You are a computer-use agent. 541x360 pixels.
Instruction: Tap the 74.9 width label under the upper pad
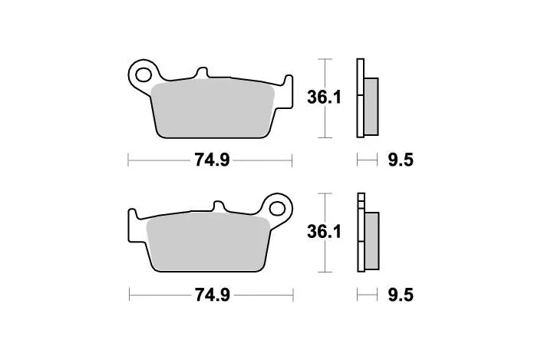[x=212, y=160]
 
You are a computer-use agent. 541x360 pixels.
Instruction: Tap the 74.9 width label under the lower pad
[x=213, y=293]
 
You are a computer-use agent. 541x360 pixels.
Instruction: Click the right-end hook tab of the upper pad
[x=289, y=81]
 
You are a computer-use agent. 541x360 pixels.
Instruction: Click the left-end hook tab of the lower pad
[x=131, y=216]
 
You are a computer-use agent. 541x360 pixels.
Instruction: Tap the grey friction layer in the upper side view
[x=371, y=105]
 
